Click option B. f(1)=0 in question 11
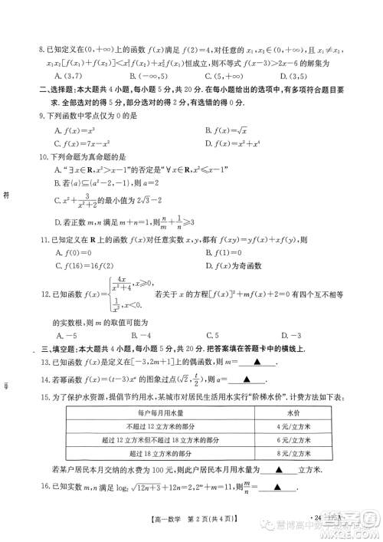pos(227,253)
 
